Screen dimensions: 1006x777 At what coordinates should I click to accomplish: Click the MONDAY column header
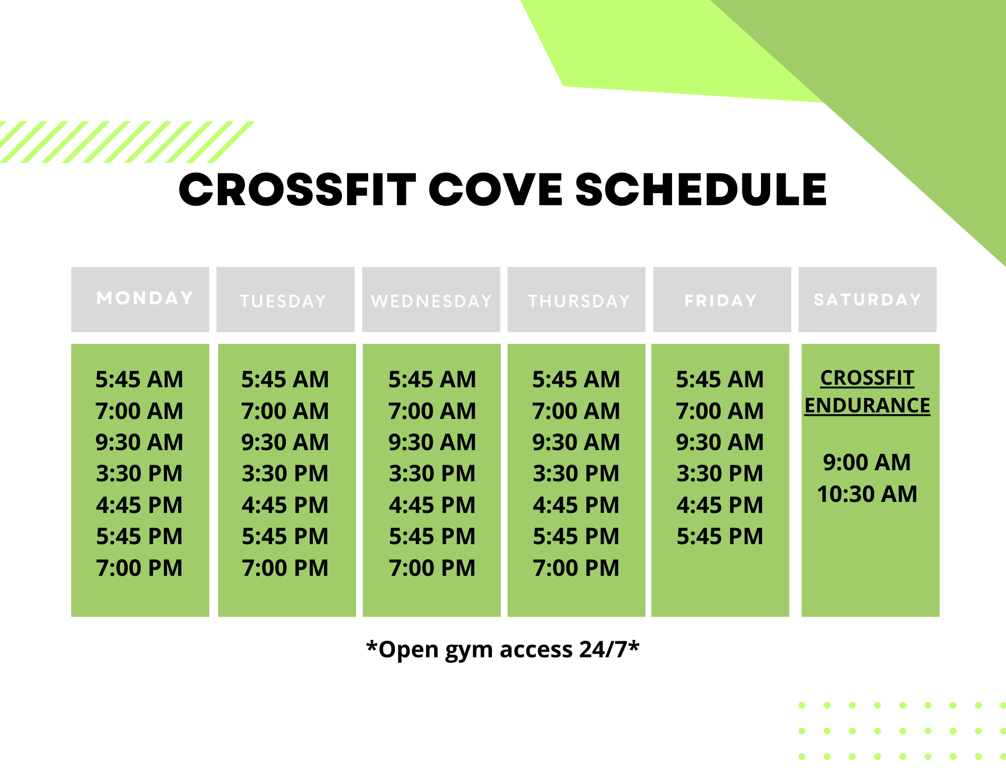click(x=145, y=298)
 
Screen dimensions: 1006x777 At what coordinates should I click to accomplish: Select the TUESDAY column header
click(x=284, y=301)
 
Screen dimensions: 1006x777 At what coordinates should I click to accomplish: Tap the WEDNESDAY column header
click(x=432, y=301)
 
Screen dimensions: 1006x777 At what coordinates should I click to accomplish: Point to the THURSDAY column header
click(x=579, y=301)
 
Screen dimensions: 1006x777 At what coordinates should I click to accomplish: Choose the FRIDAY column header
click(x=721, y=301)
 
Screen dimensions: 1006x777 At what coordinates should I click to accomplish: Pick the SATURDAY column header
click(x=868, y=300)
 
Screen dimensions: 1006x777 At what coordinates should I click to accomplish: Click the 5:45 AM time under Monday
click(x=139, y=379)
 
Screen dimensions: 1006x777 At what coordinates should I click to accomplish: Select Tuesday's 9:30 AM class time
click(x=285, y=442)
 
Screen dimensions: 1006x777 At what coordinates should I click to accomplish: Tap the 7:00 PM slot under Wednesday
click(x=432, y=568)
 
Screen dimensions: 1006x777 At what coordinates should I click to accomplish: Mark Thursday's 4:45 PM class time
click(x=576, y=505)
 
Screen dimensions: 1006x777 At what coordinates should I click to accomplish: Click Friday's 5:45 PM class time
click(x=720, y=536)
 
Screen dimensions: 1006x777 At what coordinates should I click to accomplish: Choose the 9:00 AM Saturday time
click(x=867, y=462)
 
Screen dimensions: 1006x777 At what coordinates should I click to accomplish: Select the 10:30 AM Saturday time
click(x=867, y=494)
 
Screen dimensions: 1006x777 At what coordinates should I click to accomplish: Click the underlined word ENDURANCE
click(x=867, y=405)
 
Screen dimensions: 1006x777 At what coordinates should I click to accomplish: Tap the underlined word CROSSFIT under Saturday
click(x=867, y=378)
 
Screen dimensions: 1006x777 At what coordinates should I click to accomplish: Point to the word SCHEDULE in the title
click(x=701, y=190)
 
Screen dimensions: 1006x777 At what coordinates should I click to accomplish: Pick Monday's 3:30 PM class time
click(x=139, y=473)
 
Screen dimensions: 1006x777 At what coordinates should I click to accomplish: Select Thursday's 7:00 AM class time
click(x=576, y=411)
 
